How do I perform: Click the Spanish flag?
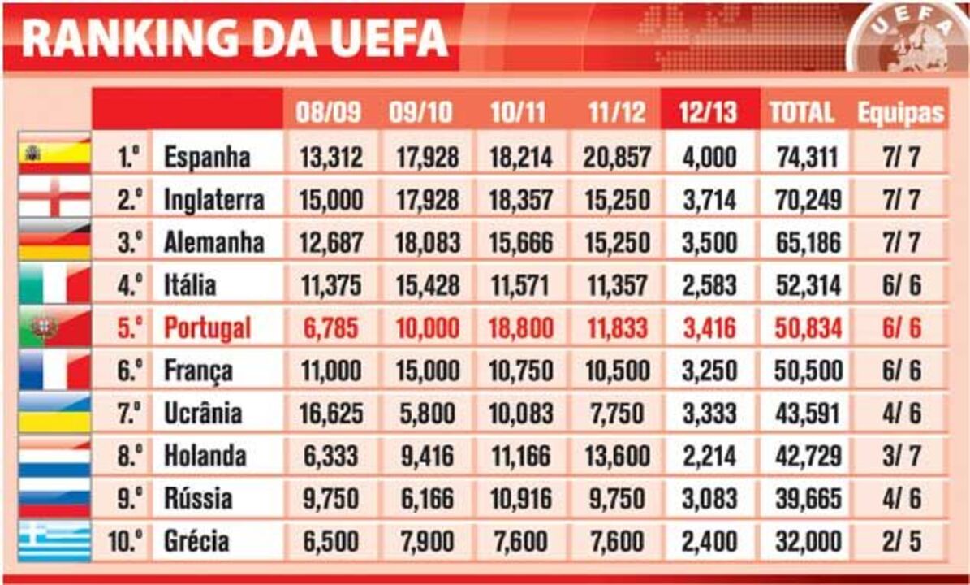pos(54,155)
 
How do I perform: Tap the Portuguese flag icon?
pos(54,328)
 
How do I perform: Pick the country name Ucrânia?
pos(203,414)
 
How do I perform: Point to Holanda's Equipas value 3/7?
pos(902,456)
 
